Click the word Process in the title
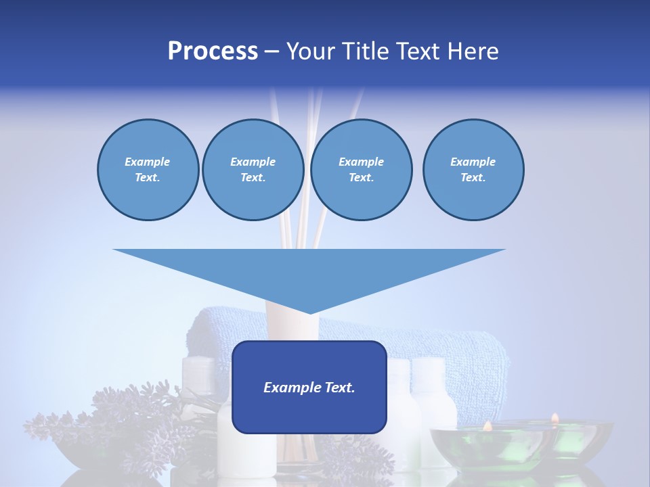213,51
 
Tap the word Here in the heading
472,51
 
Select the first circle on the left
148,170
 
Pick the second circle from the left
253,170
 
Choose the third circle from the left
361,170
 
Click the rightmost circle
473,170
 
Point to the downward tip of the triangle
309,312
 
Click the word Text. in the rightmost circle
473,178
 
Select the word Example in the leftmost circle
148,162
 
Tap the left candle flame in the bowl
487,425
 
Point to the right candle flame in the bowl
555,418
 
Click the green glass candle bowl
521,446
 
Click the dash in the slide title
272,52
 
